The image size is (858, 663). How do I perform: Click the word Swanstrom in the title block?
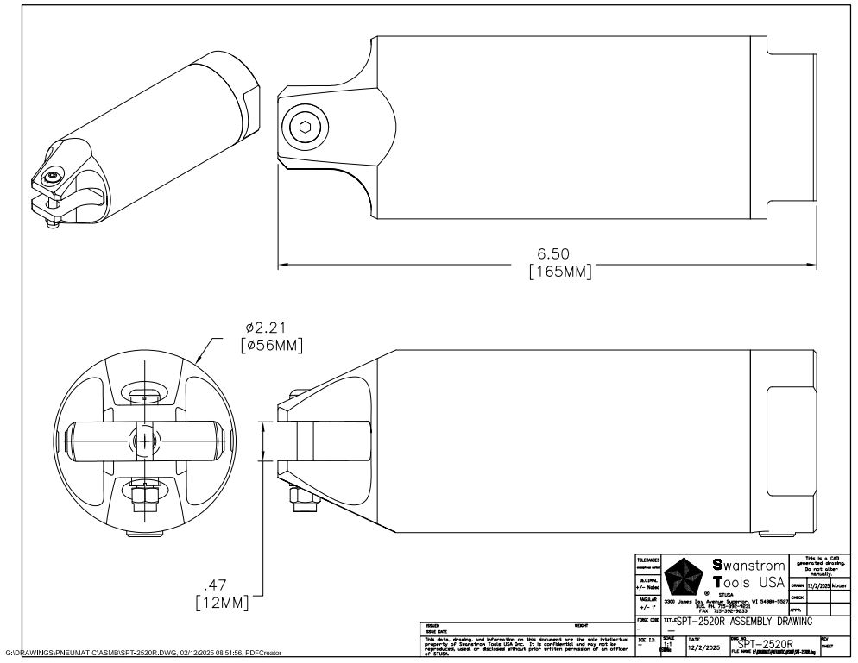[x=748, y=566]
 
